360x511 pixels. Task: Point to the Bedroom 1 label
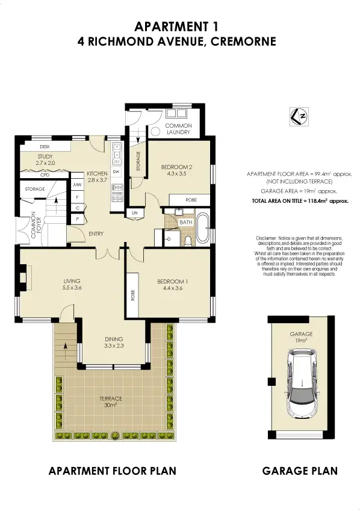pyautogui.click(x=172, y=285)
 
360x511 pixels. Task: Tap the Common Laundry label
pyautogui.click(x=178, y=129)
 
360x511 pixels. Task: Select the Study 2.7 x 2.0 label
pyautogui.click(x=45, y=159)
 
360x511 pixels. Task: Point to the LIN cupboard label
pyautogui.click(x=134, y=214)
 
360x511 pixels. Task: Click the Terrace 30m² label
pyautogui.click(x=111, y=401)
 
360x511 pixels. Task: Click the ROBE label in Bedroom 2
pyautogui.click(x=191, y=200)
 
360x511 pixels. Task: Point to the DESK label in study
pyautogui.click(x=45, y=146)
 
